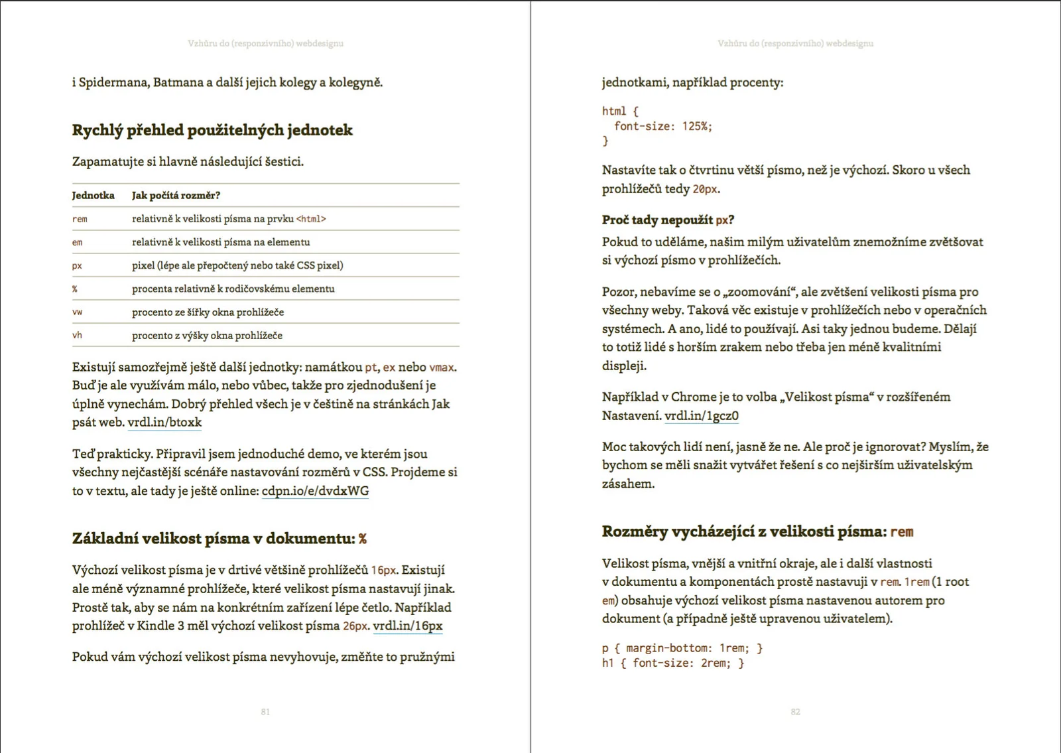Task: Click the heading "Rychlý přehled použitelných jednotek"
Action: tap(212, 130)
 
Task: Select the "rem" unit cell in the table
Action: tap(80, 219)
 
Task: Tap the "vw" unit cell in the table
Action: tap(77, 312)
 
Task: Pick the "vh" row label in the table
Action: tap(77, 335)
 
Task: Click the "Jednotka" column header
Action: tap(93, 195)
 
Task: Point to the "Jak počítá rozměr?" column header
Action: tap(176, 195)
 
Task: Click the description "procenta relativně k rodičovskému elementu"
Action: tap(233, 289)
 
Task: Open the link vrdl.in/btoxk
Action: tap(164, 423)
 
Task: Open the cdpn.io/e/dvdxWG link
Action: tap(315, 491)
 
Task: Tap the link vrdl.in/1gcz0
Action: tap(701, 416)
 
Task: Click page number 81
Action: tap(265, 712)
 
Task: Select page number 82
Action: tap(795, 712)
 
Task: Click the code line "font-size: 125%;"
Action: tap(662, 126)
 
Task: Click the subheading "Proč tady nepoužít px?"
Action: tap(668, 220)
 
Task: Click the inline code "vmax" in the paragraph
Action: tap(442, 367)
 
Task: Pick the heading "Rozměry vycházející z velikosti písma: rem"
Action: tap(757, 531)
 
